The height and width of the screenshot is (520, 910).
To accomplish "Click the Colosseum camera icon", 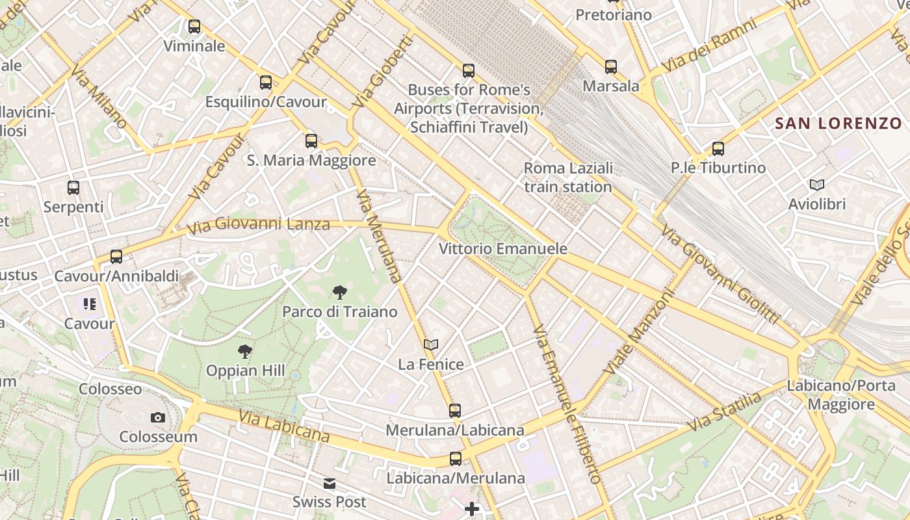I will tap(157, 417).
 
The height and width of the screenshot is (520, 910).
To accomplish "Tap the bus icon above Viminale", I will tap(194, 27).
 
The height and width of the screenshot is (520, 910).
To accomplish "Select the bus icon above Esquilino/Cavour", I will tap(266, 83).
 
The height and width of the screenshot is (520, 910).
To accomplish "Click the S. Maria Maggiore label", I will tap(311, 160).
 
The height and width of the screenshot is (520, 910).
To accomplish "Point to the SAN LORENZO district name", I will tap(838, 123).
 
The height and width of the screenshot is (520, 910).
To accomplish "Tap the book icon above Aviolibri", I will tap(817, 185).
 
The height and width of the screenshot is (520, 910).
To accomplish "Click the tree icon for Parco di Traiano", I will tap(339, 292).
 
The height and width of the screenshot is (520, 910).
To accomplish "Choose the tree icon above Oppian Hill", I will tap(245, 352).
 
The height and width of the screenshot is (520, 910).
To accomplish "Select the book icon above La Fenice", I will tap(431, 344).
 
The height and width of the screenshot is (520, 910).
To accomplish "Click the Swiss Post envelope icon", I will tap(330, 484).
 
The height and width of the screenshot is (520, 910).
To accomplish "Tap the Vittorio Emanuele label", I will tap(503, 249).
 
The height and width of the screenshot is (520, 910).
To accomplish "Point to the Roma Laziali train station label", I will tap(568, 177).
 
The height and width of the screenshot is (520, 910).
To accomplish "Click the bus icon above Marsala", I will tap(611, 66).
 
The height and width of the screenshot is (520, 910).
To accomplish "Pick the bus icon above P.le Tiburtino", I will tap(718, 149).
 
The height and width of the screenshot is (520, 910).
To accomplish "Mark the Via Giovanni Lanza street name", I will tap(258, 226).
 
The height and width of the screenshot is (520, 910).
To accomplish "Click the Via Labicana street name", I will tap(284, 426).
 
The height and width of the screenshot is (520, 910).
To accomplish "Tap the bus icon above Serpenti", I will tap(73, 188).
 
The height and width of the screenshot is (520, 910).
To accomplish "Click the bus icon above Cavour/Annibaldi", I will tap(116, 257).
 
